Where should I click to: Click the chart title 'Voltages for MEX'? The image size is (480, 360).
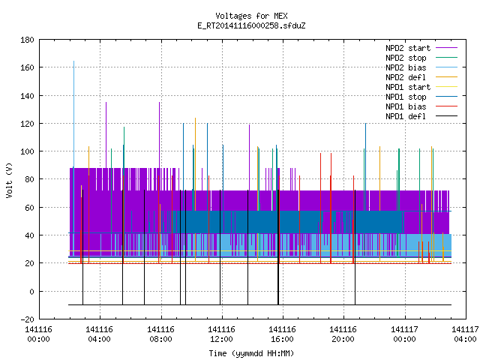[251, 16]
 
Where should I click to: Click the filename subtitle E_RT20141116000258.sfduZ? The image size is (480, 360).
[251, 25]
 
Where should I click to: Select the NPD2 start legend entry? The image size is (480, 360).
[421, 48]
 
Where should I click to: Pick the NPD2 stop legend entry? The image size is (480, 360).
[421, 58]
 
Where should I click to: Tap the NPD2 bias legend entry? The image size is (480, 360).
[421, 67]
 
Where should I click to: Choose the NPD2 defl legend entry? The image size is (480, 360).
[421, 77]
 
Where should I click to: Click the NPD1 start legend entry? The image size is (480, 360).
[421, 87]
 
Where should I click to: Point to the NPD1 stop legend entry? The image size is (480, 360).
[421, 97]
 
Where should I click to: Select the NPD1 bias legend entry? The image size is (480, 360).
[421, 106]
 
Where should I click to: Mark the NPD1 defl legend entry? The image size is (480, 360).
[421, 117]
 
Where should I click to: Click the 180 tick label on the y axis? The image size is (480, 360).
[27, 40]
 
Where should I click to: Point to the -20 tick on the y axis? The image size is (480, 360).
[27, 319]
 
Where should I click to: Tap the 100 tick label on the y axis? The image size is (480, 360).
[27, 151]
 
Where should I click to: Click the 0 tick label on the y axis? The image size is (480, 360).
[31, 292]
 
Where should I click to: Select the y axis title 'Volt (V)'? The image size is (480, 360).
[9, 180]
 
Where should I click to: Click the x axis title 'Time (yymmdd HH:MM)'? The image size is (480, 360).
[251, 353]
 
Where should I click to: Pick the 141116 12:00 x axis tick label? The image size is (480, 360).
[221, 334]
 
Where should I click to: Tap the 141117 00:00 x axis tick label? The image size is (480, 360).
[404, 334]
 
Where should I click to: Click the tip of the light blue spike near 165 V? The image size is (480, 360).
[73, 61]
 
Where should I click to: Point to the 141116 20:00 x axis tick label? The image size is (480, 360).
[343, 334]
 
